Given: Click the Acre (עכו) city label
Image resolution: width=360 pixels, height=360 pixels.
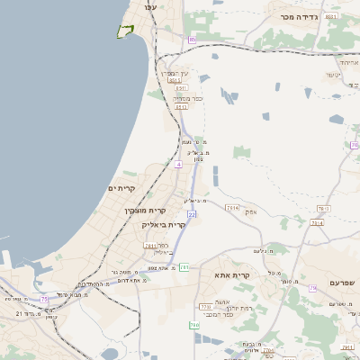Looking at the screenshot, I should click(149, 7).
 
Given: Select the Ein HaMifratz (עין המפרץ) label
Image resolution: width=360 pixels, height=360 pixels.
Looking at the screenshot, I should click(175, 72).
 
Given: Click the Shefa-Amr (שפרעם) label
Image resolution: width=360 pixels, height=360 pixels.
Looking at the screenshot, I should click(343, 283).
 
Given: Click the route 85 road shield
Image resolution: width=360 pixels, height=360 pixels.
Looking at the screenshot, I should click(192, 40).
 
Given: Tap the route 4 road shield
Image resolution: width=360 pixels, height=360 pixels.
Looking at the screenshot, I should click(179, 165).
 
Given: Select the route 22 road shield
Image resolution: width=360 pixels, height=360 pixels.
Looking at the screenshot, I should click(192, 214).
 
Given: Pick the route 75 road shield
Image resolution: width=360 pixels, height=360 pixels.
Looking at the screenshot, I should click(44, 298).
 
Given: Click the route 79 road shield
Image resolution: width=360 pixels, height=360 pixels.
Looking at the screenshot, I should click(313, 288).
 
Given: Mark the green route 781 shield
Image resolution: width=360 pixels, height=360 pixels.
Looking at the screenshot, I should click(184, 267).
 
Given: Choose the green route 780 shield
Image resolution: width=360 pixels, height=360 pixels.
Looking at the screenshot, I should click(193, 324).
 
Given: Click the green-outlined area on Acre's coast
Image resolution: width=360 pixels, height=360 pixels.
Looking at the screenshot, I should click(124, 32).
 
